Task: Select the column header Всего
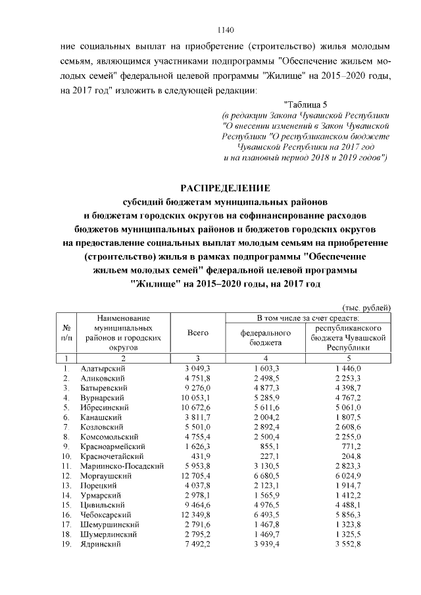click(x=198, y=333)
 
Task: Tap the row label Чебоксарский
click(x=105, y=514)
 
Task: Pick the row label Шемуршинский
click(x=109, y=524)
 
